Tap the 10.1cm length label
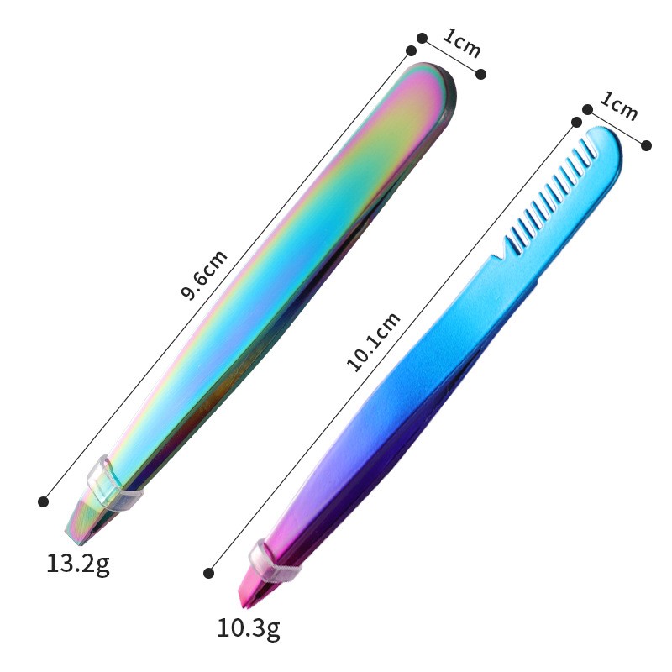coord(373,340)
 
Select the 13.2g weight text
coord(77,563)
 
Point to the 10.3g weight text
coord(248,626)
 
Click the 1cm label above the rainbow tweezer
coord(461,43)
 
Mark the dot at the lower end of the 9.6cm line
coord(43,501)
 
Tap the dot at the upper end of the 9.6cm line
coord(411,51)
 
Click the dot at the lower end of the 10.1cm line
coord(208,573)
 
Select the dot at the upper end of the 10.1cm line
coord(575,123)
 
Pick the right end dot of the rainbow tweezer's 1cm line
coord(481,75)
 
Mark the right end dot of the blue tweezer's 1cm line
coord(646,145)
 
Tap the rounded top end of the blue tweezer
coord(606,142)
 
